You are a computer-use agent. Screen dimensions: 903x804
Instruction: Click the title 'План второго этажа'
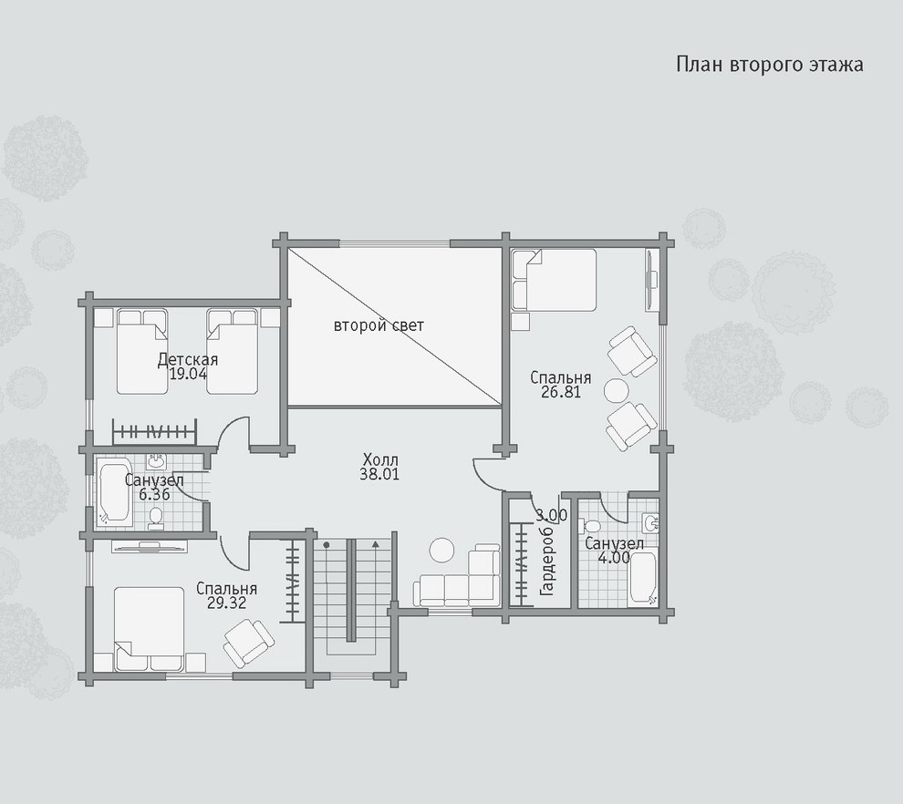(770, 65)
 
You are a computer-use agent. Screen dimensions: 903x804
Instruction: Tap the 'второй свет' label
(379, 325)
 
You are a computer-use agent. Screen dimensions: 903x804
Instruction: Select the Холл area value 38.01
(379, 475)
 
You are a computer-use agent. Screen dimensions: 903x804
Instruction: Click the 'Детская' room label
(188, 360)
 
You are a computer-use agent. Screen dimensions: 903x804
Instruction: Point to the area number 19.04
(188, 374)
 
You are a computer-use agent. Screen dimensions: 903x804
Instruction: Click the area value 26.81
(560, 392)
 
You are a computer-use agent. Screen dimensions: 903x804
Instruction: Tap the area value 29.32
(226, 603)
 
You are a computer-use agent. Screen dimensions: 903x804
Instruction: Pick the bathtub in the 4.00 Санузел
(643, 578)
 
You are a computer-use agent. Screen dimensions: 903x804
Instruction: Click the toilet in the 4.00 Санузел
(591, 526)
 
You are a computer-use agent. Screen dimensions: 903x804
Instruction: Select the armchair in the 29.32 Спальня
(248, 643)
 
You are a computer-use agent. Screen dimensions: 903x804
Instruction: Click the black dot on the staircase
(327, 544)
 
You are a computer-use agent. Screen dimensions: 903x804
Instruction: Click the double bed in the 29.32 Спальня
(150, 628)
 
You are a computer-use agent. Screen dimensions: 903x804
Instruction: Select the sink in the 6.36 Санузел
(155, 461)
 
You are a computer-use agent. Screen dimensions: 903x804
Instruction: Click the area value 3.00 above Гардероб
(551, 515)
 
